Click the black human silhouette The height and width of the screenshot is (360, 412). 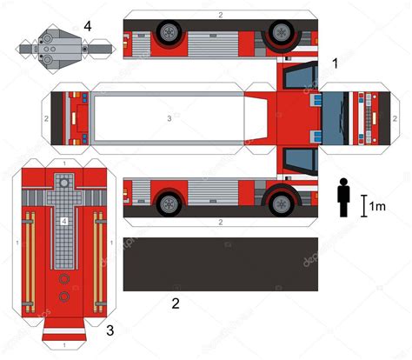pyautogui.click(x=343, y=197)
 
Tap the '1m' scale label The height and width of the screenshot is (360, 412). pyautogui.click(x=376, y=207)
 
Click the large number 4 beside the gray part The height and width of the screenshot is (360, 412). pyautogui.click(x=87, y=26)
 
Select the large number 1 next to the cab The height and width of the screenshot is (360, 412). pyautogui.click(x=336, y=63)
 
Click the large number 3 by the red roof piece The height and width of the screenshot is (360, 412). pyautogui.click(x=110, y=330)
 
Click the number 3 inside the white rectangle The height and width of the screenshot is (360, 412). pyautogui.click(x=169, y=117)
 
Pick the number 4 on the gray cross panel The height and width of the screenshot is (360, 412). pyautogui.click(x=64, y=222)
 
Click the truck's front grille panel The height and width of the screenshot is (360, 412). pyautogui.click(x=359, y=117)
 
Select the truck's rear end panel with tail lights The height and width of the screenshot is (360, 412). pyautogui.click(x=71, y=117)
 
